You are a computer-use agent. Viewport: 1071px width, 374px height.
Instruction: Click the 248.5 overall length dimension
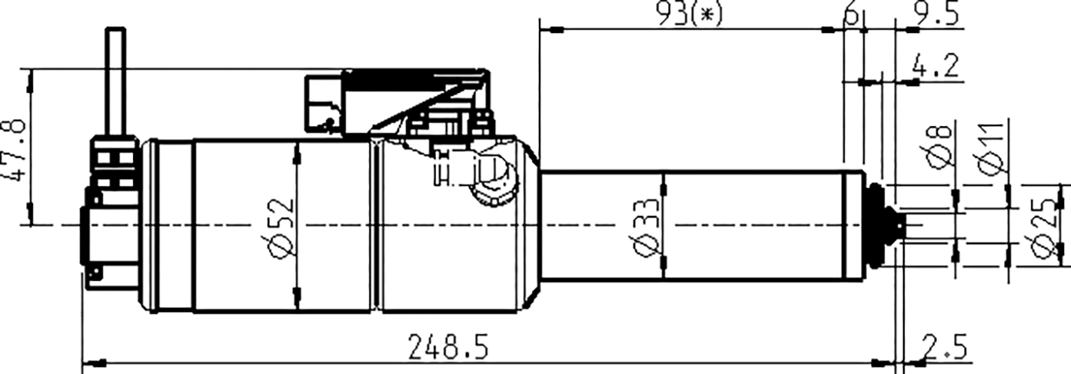click(x=449, y=348)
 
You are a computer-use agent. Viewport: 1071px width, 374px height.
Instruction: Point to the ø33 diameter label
click(x=644, y=226)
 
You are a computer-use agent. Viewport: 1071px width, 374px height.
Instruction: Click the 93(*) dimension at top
click(x=688, y=14)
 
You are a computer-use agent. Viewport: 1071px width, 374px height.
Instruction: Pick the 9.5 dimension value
click(x=936, y=14)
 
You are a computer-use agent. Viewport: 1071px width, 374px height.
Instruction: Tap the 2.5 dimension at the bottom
click(x=945, y=348)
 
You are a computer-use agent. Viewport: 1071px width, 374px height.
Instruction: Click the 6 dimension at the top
click(x=850, y=14)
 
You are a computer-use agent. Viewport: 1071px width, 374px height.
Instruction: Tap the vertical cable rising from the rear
click(x=116, y=83)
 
